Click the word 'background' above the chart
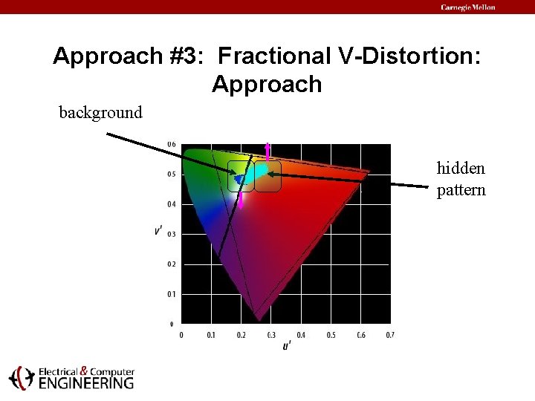point(100,113)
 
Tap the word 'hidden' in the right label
point(461,169)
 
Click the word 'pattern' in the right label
point(461,190)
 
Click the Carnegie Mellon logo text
point(467,7)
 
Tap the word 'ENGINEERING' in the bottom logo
point(86,383)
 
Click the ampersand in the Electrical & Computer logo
point(83,371)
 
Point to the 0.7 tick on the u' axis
point(390,335)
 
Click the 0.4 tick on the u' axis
point(301,335)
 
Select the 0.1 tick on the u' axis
point(211,335)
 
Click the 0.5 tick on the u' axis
point(331,335)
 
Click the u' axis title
point(286,346)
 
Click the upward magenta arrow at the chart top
point(267,151)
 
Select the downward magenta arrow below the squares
point(241,199)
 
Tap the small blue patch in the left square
point(239,179)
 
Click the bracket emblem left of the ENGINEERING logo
point(21,378)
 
